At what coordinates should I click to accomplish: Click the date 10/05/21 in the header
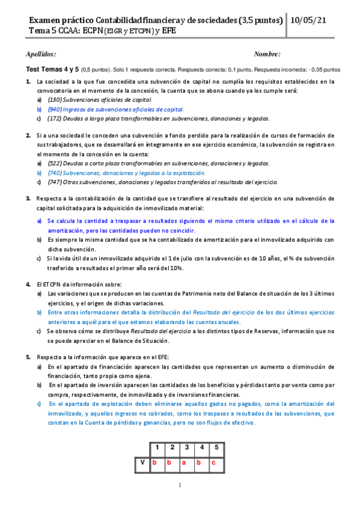[310, 20]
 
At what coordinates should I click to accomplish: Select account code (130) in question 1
[55, 99]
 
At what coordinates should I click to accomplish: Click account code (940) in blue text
[55, 109]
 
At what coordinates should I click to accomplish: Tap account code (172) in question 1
[55, 118]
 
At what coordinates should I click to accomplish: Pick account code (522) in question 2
[55, 164]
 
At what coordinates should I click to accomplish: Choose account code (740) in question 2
[55, 173]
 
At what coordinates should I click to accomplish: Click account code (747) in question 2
[55, 182]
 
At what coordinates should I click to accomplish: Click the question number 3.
[28, 198]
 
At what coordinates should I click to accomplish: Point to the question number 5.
[28, 357]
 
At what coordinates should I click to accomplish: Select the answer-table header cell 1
[157, 447]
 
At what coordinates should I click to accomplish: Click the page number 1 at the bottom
[180, 486]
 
